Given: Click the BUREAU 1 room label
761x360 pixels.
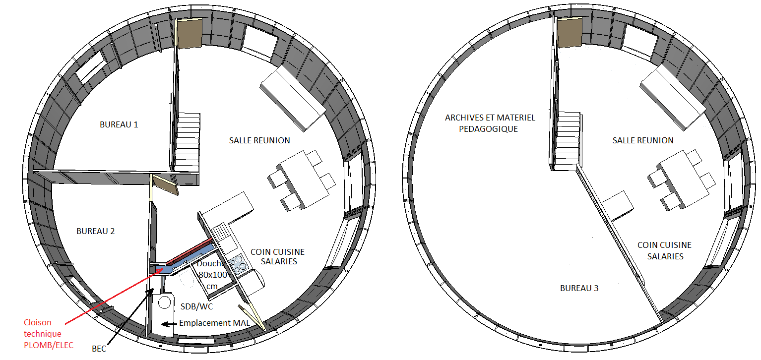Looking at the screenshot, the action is point(119,124).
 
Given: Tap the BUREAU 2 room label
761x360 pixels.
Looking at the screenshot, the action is point(95,231).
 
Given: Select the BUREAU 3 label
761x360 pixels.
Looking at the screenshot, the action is point(579,288).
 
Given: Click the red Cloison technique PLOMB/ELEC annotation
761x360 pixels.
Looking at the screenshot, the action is point(48,334).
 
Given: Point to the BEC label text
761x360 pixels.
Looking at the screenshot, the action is point(99,349).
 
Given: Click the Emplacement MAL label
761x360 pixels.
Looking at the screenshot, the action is point(214,323).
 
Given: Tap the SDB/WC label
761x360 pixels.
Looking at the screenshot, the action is point(196,306).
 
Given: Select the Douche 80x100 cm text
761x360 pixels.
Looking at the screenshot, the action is point(212,275).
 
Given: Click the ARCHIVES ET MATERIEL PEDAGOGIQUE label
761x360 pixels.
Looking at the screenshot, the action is point(490,123).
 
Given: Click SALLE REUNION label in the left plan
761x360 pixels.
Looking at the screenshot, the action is point(259,141).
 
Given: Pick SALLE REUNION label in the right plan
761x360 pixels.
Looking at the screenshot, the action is point(643,141).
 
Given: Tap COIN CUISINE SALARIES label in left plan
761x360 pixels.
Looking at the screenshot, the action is point(277,257).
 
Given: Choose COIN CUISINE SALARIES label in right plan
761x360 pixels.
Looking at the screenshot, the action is point(664,250).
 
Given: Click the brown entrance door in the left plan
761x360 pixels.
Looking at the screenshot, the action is point(189,33).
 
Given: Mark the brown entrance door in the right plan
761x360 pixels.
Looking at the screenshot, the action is point(570,32).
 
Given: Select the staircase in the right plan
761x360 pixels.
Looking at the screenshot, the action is point(568,141).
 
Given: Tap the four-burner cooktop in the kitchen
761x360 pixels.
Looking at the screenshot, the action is point(238,264).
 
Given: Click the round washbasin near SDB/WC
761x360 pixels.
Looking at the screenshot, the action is point(164,302).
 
